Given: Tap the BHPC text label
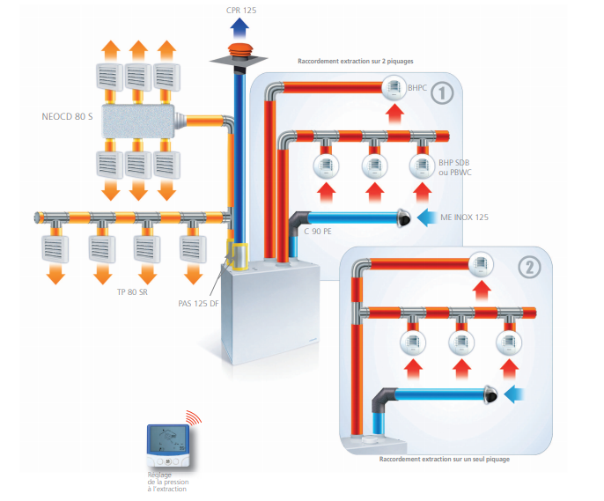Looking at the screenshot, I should [x=419, y=87].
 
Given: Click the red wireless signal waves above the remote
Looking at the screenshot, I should [x=192, y=417].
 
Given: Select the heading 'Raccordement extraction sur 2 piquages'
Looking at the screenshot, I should [x=356, y=61].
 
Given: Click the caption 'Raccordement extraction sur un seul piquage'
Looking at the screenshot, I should [x=444, y=459].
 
